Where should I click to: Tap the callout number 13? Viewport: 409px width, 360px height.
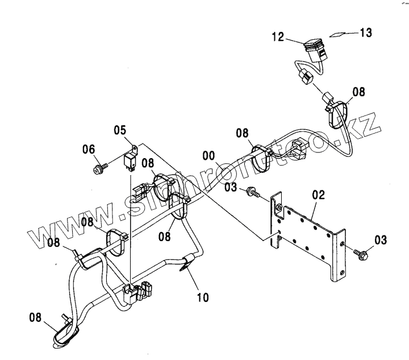(x=365, y=32)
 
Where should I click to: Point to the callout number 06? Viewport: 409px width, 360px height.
(x=88, y=149)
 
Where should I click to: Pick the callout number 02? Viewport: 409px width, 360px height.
(x=318, y=195)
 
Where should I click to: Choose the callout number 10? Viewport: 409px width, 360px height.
(x=202, y=296)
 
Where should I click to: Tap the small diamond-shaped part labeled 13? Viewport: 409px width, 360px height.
(x=339, y=34)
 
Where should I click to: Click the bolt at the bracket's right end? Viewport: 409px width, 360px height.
(x=361, y=252)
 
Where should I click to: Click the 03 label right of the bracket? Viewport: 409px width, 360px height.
(x=380, y=239)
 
